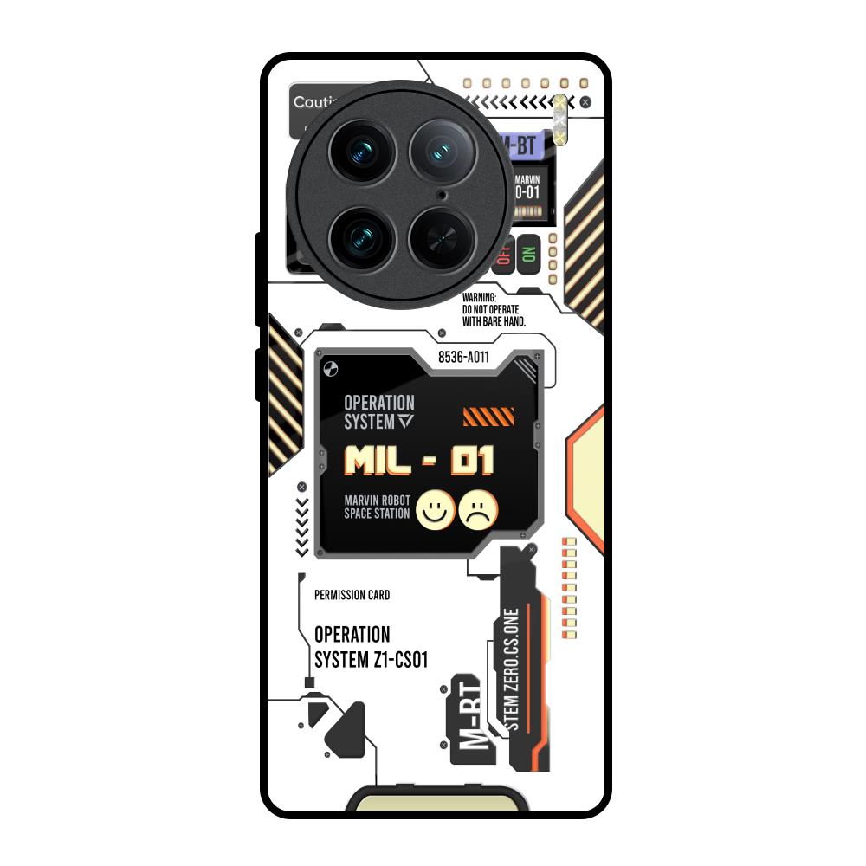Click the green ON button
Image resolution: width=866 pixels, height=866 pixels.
point(528,255)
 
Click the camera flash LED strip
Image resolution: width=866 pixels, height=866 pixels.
point(560,118)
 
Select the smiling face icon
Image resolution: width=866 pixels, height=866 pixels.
point(436,509)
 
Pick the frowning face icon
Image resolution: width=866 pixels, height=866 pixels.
point(479,509)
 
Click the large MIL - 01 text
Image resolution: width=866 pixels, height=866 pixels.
point(419,460)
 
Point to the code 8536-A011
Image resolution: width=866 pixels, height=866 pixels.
point(463,357)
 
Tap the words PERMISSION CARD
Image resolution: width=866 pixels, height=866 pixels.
point(352,595)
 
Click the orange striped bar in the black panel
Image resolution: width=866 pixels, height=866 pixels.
point(488,417)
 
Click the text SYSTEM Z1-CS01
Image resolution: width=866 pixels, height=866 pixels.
point(371,660)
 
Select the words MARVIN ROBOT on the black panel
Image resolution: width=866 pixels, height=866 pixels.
point(377,500)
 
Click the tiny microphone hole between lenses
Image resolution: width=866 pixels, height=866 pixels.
point(443,196)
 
